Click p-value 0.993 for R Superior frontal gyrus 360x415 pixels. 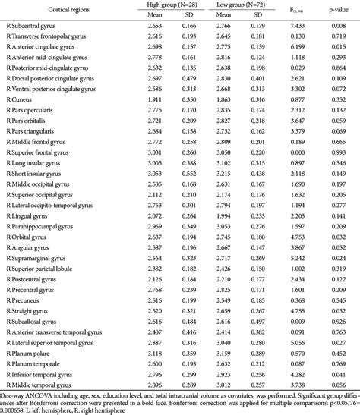click(333, 152)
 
